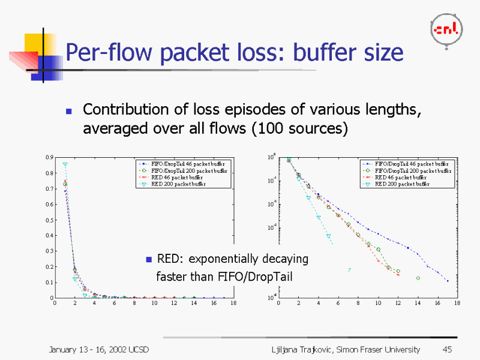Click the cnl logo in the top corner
(x=446, y=29)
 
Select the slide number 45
(x=446, y=350)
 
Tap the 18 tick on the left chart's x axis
(x=233, y=304)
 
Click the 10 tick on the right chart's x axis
(x=378, y=304)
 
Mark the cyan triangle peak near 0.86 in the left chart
(x=65, y=164)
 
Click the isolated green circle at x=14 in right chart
(x=418, y=278)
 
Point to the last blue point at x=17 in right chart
(x=447, y=281)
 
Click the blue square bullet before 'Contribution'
(x=68, y=111)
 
